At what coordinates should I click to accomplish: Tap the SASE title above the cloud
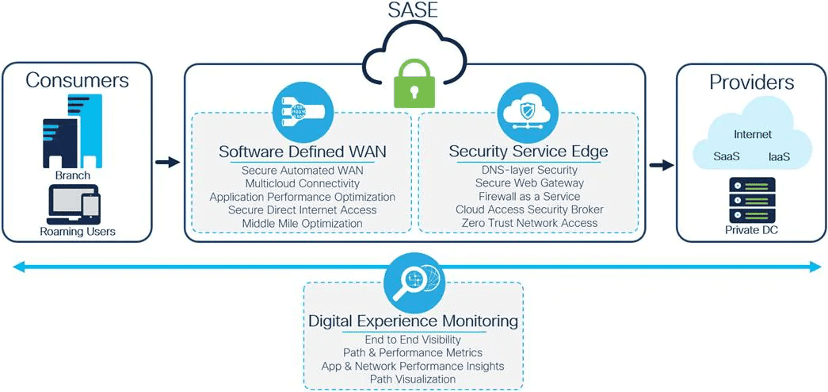(413, 10)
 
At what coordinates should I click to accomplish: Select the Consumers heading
(77, 80)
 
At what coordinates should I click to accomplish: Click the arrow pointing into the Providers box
(662, 166)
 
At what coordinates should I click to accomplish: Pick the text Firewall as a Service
(528, 196)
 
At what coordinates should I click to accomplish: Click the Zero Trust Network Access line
(529, 223)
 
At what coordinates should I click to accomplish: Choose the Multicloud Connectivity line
(303, 183)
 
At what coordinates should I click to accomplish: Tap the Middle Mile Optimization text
(303, 223)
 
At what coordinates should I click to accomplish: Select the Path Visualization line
(413, 379)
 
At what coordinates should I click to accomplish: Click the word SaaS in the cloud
(726, 157)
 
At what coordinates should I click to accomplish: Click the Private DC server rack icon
(752, 200)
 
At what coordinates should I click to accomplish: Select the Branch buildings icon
(72, 131)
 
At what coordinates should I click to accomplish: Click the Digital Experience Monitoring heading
(413, 321)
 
